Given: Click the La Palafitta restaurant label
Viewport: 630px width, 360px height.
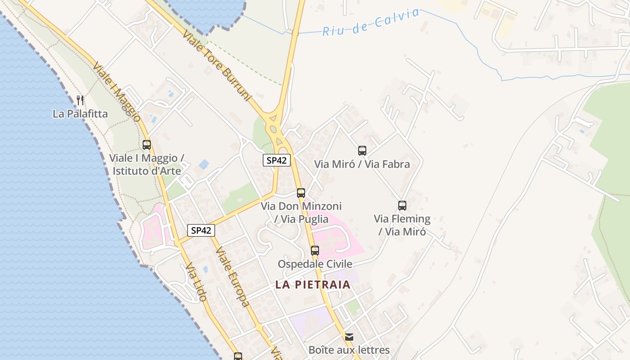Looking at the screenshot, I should (x=80, y=114).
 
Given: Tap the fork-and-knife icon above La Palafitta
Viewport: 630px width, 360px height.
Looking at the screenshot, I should (x=80, y=100).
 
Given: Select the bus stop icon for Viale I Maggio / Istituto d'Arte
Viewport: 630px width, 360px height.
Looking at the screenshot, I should (x=147, y=145).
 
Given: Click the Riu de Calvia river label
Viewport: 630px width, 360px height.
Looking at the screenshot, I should (x=371, y=22).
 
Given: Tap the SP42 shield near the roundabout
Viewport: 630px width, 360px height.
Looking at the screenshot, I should (x=277, y=160).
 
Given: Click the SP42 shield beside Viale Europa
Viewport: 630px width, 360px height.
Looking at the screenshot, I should (x=201, y=230).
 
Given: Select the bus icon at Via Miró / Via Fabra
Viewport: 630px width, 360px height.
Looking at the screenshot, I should (x=362, y=151).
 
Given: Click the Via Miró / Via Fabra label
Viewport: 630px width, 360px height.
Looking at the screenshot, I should (x=362, y=164).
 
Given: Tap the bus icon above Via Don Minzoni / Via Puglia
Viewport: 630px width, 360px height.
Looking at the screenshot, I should (x=301, y=193).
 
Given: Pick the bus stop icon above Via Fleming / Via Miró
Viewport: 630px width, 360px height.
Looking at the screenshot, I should (x=402, y=206).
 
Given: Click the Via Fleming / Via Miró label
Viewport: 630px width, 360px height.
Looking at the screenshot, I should (x=402, y=225).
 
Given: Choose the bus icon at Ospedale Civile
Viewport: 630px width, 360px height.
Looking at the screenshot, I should (x=315, y=251).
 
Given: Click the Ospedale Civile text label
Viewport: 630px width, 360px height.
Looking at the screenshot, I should (x=315, y=264).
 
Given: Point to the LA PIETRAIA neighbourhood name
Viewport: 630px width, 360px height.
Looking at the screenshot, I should (x=313, y=284).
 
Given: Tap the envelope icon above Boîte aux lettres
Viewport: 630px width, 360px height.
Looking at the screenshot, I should (x=349, y=337).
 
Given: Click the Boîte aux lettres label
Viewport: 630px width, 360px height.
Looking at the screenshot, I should (x=349, y=350).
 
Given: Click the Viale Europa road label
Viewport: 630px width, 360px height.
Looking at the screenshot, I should (x=232, y=277).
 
